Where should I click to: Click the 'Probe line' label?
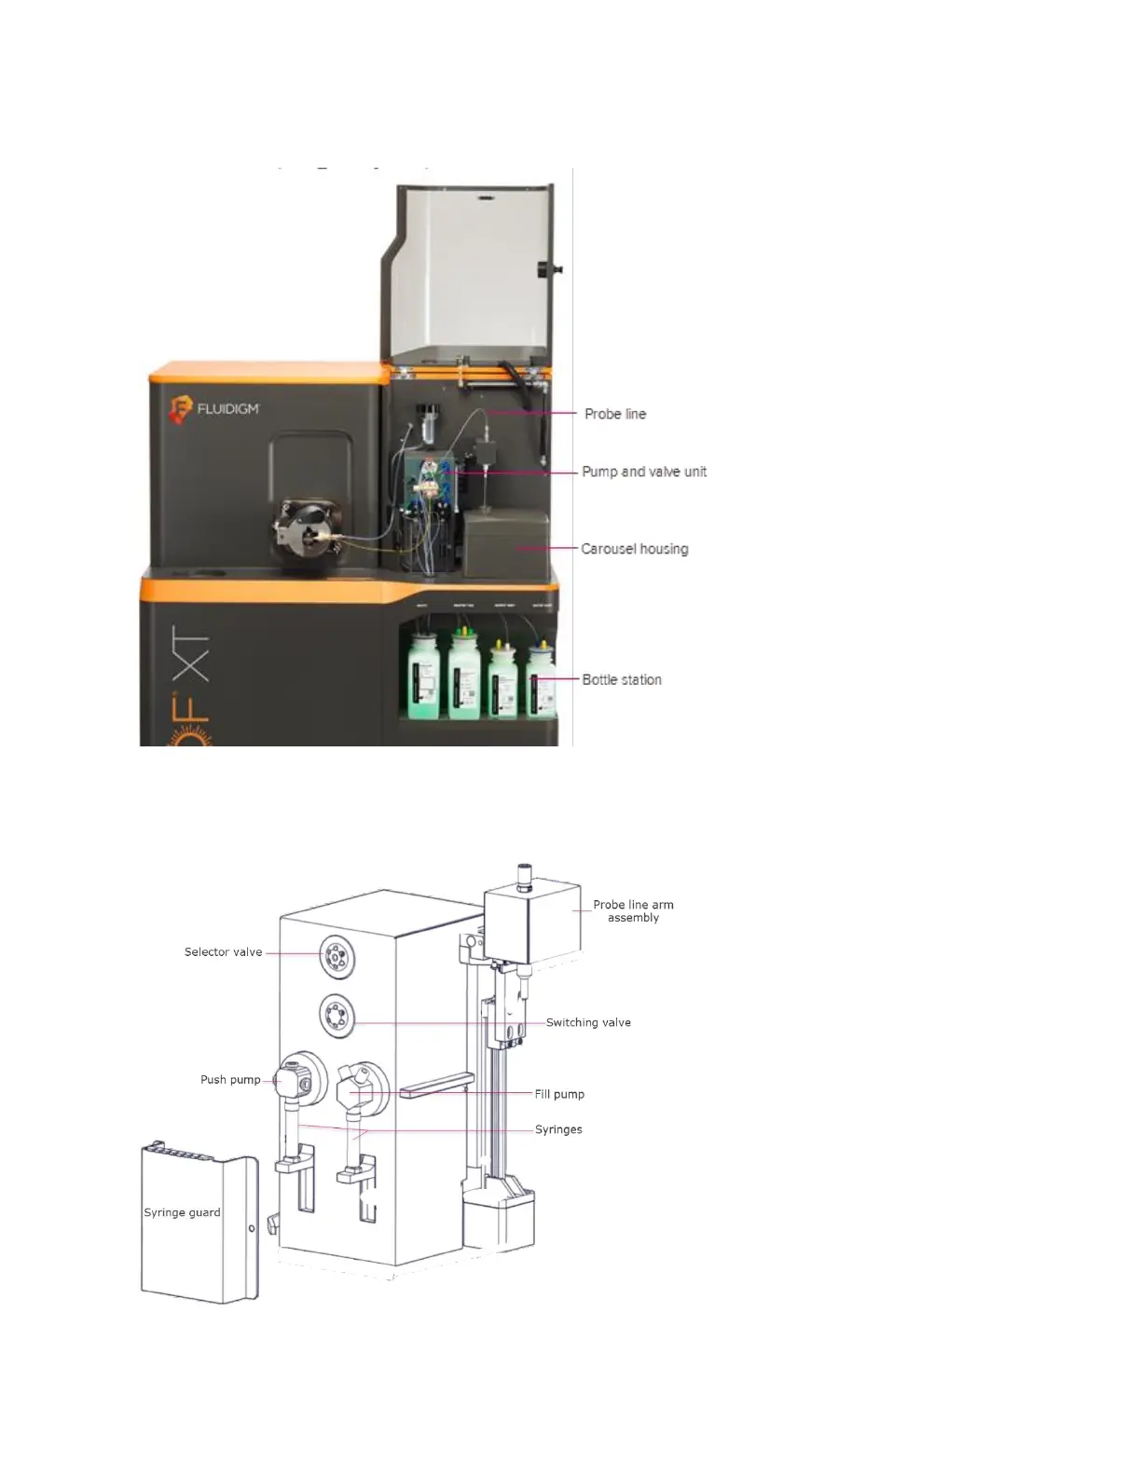[x=614, y=414]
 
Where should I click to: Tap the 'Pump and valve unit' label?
[x=644, y=471]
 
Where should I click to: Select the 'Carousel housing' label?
[x=634, y=549]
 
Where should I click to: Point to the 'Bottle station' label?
[x=622, y=679]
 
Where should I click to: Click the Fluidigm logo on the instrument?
[x=213, y=408]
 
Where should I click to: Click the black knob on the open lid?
[x=544, y=270]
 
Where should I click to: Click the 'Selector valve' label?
[x=223, y=952]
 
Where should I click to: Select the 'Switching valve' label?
[x=588, y=1022]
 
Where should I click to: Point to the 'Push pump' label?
[x=230, y=1080]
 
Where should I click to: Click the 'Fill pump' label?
[x=559, y=1094]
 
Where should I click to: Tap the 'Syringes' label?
[x=558, y=1129]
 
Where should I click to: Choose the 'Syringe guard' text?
[x=182, y=1212]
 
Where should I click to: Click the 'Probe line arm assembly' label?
[x=633, y=910]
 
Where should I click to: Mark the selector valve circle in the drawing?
[x=337, y=955]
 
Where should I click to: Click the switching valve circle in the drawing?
[x=337, y=1016]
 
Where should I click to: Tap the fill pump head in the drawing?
[x=360, y=1085]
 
